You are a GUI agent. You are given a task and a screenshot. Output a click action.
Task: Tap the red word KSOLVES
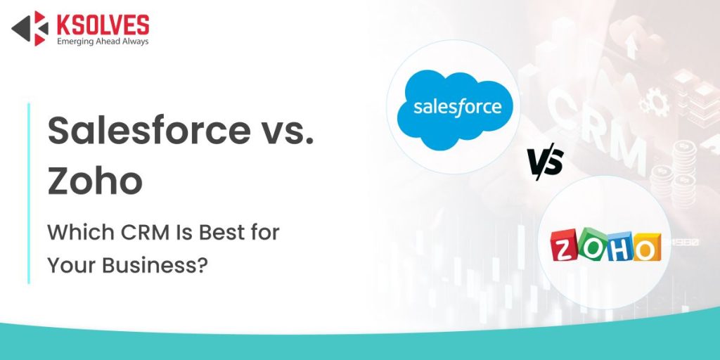click(x=102, y=24)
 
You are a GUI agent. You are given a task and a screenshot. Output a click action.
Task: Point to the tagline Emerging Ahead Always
click(x=102, y=41)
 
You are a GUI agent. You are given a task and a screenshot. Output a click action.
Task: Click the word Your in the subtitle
click(x=72, y=266)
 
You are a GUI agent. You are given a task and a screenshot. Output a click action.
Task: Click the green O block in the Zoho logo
click(x=591, y=248)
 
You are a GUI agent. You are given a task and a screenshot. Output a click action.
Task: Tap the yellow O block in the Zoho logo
click(x=645, y=248)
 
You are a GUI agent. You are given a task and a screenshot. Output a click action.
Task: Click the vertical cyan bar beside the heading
click(x=29, y=193)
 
